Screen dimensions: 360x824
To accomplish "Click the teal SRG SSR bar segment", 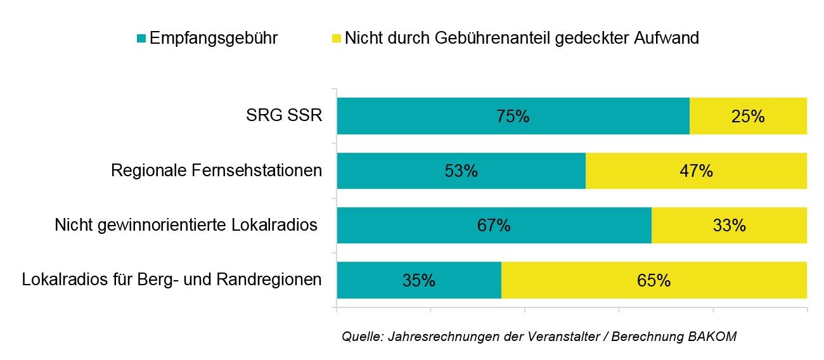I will [x=444, y=116].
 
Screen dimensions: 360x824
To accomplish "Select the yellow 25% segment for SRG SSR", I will [x=748, y=116].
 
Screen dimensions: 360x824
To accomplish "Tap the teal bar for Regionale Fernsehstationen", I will [x=406, y=170].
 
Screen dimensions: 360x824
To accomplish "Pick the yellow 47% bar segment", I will [x=696, y=170].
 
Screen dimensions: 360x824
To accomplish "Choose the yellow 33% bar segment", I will [x=729, y=225].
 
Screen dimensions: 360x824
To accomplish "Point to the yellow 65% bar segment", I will [x=654, y=280].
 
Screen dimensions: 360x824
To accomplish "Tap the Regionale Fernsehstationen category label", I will [x=216, y=170].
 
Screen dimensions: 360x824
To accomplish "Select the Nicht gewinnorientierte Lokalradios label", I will [x=186, y=225].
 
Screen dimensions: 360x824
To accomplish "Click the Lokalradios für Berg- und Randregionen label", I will [x=172, y=280].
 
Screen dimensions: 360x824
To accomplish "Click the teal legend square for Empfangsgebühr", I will [x=141, y=39].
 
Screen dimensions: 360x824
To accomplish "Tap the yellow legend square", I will [x=336, y=39].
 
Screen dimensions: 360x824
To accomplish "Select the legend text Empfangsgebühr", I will [x=213, y=38].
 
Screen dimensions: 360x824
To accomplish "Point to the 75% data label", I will [x=513, y=117].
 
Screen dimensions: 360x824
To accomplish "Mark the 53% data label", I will [x=461, y=171].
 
